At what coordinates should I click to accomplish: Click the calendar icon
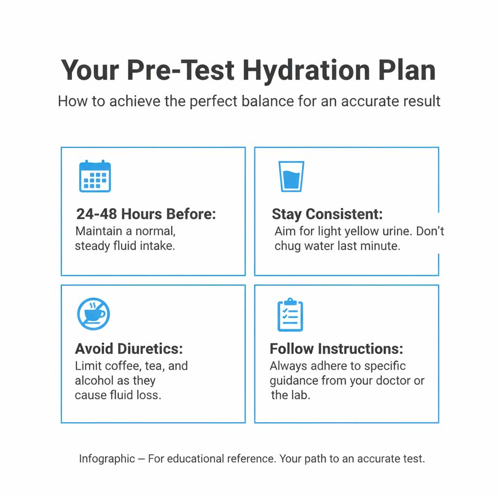point(95,176)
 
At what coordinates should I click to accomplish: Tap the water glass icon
point(291,176)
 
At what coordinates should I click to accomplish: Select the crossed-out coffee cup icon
point(94,314)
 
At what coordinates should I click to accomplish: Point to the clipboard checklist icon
point(290,315)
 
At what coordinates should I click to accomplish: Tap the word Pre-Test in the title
point(180,71)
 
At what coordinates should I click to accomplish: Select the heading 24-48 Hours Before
point(146,214)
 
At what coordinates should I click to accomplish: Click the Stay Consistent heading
point(327,214)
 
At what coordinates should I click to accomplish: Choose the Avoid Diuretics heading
point(129,349)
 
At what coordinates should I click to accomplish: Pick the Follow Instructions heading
point(337,349)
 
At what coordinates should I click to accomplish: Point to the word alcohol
point(95,380)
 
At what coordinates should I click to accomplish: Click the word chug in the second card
point(287,246)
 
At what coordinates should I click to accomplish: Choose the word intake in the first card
point(156,246)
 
